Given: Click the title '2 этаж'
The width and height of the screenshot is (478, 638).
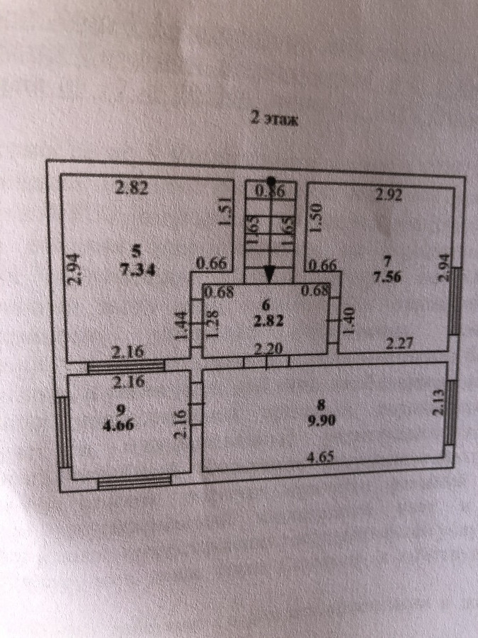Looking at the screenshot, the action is (275, 119).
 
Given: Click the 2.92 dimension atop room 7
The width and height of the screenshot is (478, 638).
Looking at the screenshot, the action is (388, 196).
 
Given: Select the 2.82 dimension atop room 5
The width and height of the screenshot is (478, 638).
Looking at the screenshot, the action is (132, 189).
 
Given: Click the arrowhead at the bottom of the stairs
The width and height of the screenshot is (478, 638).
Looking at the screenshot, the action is (271, 274).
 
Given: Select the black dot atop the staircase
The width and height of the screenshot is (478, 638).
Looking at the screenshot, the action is (271, 181).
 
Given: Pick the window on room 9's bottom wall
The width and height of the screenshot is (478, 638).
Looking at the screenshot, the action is (134, 483).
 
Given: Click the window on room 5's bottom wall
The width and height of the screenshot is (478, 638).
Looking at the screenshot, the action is (126, 366).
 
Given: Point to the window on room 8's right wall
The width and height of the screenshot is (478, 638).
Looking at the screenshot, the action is (450, 410).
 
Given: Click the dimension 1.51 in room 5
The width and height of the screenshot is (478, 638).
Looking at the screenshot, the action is (224, 213).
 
